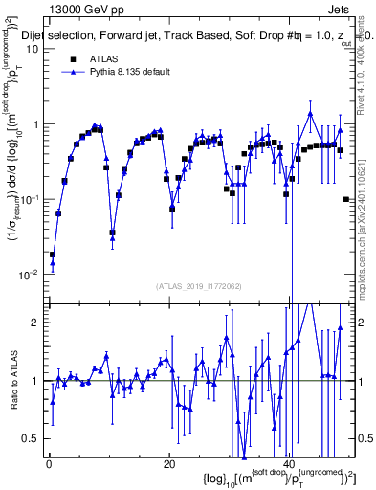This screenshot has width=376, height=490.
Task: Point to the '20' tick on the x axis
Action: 168,465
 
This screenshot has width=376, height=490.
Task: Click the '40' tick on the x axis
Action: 289,465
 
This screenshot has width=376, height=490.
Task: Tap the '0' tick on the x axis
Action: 48,465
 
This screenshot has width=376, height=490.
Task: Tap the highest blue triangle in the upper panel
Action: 310,114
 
